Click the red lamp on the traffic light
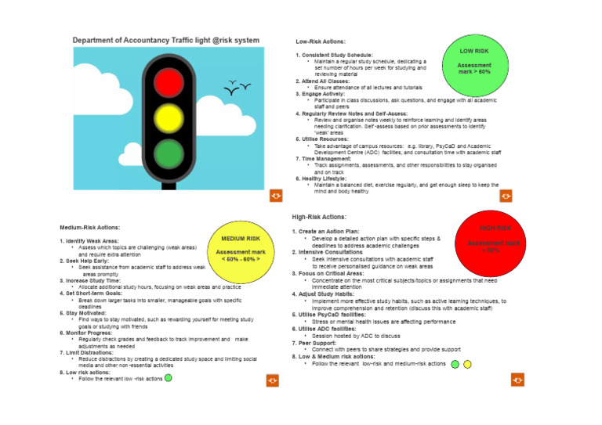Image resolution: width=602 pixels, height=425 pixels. (167, 82)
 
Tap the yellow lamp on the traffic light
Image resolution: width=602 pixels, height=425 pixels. (167, 117)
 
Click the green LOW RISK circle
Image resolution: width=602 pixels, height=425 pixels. (475, 61)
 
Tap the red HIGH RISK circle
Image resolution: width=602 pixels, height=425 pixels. (495, 238)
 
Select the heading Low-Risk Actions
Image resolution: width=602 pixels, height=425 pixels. (321, 41)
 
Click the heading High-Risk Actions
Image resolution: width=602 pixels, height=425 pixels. (318, 217)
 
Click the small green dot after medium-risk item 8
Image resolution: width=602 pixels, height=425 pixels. (169, 377)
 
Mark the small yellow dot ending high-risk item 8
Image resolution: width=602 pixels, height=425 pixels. (467, 364)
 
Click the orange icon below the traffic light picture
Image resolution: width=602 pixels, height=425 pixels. (275, 194)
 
